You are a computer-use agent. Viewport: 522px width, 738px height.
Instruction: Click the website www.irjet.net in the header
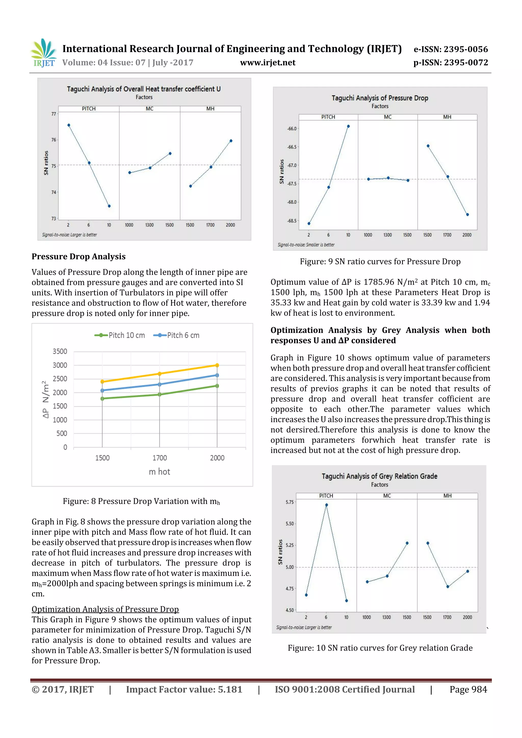(x=268, y=63)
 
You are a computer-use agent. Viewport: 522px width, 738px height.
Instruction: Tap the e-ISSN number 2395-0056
(x=465, y=49)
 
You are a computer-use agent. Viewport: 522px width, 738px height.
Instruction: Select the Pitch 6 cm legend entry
(x=177, y=335)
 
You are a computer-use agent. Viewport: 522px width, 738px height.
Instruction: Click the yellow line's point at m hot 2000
(x=217, y=365)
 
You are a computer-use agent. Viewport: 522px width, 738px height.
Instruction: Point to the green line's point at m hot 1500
(x=102, y=399)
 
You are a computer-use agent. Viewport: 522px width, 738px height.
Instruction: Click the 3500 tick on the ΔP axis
(x=60, y=351)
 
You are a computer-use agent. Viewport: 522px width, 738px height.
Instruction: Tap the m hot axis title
(x=159, y=472)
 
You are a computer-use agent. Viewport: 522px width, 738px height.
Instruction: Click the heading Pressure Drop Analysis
(x=79, y=257)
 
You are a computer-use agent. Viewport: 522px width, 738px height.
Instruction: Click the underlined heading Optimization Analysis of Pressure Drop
(x=105, y=609)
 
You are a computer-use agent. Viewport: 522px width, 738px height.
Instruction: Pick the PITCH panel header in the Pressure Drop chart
(x=328, y=117)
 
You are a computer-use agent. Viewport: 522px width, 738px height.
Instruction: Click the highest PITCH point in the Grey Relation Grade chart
(x=327, y=505)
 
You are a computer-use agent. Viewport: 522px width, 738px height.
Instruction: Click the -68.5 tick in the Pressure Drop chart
(x=292, y=221)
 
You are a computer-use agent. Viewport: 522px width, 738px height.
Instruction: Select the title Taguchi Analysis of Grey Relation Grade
(x=380, y=476)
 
